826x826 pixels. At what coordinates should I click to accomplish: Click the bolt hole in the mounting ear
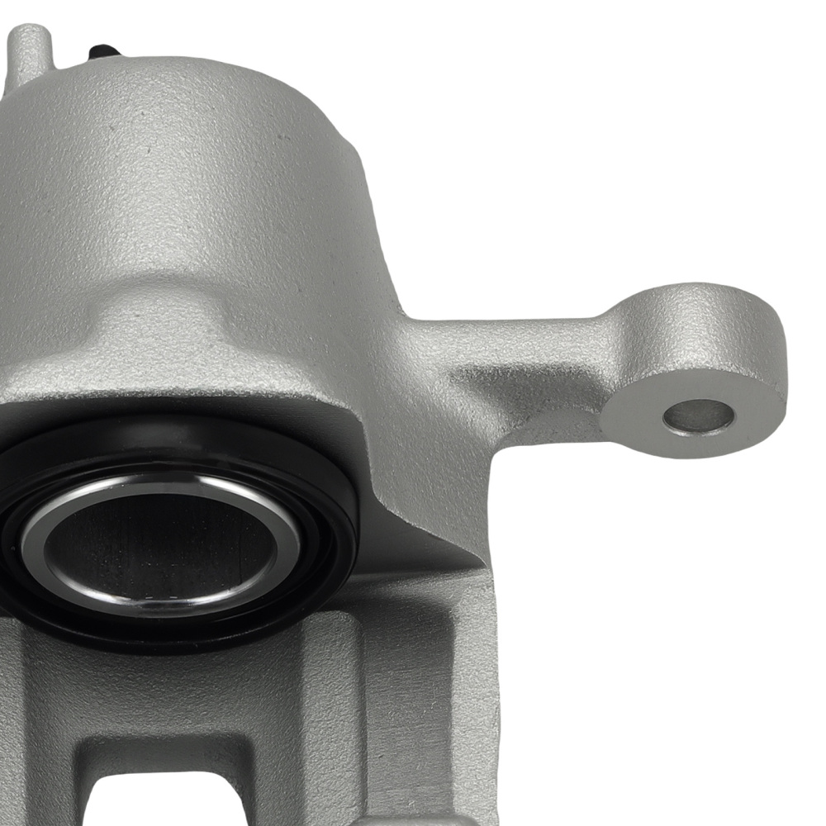point(698,416)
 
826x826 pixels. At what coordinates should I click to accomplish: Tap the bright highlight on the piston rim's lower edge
point(165,600)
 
